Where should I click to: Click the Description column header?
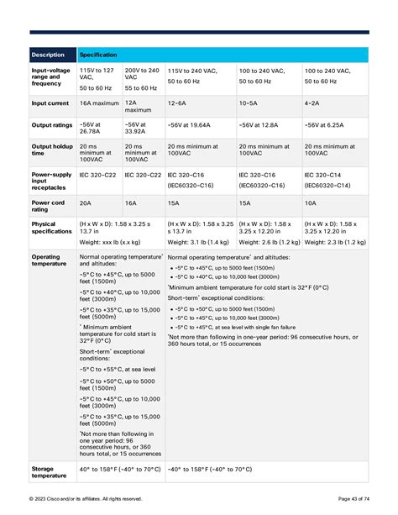[49, 55]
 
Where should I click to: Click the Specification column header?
[98, 55]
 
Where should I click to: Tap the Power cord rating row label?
[49, 206]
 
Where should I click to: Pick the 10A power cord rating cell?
[310, 202]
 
